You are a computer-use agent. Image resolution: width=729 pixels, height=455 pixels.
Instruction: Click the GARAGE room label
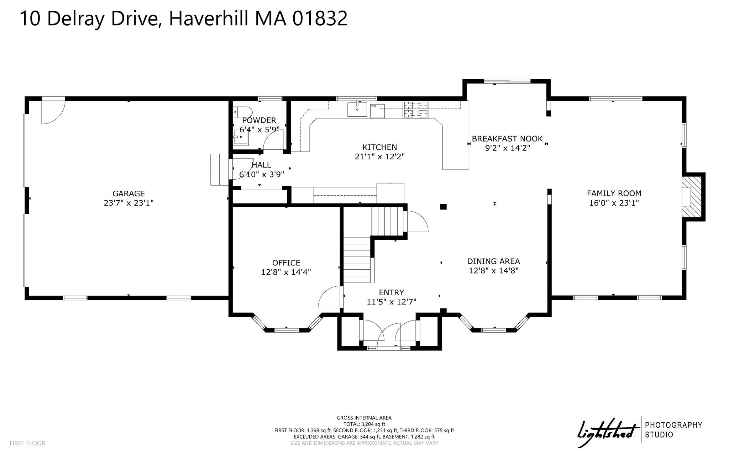[x=129, y=194]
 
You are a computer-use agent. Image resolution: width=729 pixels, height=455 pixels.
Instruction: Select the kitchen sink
[x=357, y=109]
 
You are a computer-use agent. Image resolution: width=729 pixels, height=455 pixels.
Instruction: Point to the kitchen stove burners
[x=416, y=109]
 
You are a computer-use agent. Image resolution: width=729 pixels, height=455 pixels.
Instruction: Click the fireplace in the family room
[x=691, y=197]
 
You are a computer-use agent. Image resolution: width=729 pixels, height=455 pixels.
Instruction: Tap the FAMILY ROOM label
[x=614, y=194]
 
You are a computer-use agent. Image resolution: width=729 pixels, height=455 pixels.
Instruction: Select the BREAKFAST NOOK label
[x=507, y=139]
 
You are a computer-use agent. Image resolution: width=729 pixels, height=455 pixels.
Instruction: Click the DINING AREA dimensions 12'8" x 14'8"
[x=493, y=271]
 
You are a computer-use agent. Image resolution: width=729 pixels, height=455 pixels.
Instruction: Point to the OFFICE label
[x=286, y=263]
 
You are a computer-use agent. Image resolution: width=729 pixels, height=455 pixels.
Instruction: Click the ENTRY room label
[x=391, y=292]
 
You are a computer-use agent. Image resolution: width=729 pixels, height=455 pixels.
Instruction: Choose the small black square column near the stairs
[x=444, y=206]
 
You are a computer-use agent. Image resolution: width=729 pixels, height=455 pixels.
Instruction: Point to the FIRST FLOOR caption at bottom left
[x=27, y=443]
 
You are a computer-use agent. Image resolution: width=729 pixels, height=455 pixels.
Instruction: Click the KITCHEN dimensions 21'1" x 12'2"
[x=380, y=157]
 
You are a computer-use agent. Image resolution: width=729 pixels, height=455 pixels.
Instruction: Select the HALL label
[x=262, y=165]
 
